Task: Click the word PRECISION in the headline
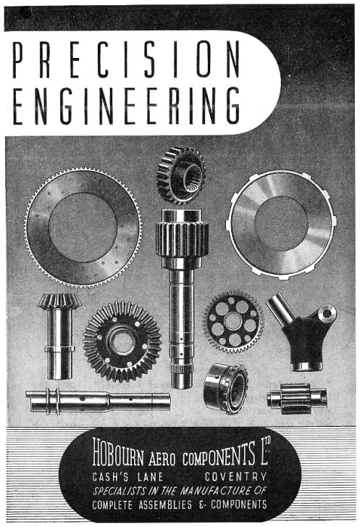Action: (127, 59)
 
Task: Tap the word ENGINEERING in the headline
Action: (127, 105)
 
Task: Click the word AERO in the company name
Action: (162, 458)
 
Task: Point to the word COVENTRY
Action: (236, 477)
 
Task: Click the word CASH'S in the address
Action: (110, 477)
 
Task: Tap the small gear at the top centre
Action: (181, 175)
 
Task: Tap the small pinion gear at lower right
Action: (297, 398)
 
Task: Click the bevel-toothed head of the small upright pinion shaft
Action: (59, 301)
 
